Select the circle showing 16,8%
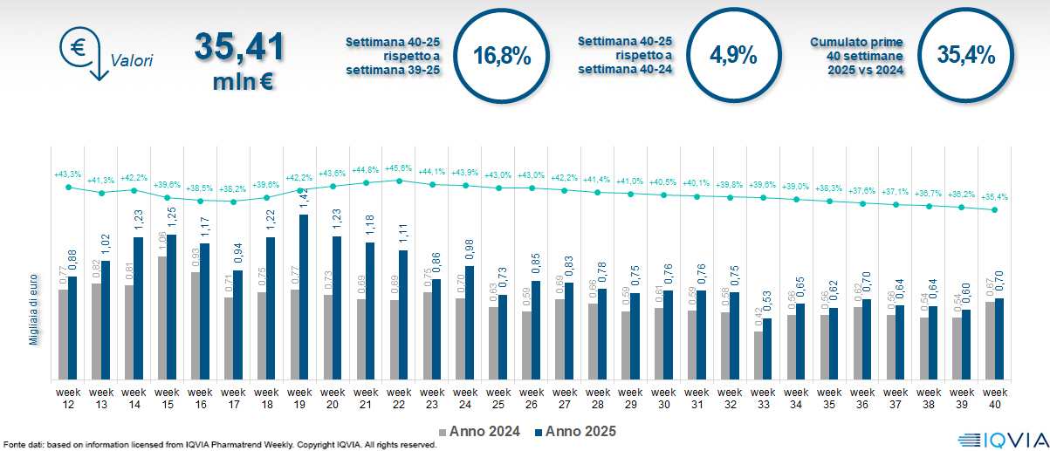[502, 56]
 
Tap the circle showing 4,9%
[733, 56]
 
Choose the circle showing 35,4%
[965, 56]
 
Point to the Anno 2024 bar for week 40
[990, 340]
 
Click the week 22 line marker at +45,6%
[399, 181]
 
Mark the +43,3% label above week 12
[67, 174]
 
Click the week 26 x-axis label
[532, 398]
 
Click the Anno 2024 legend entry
[480, 431]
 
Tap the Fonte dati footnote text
[218, 445]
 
